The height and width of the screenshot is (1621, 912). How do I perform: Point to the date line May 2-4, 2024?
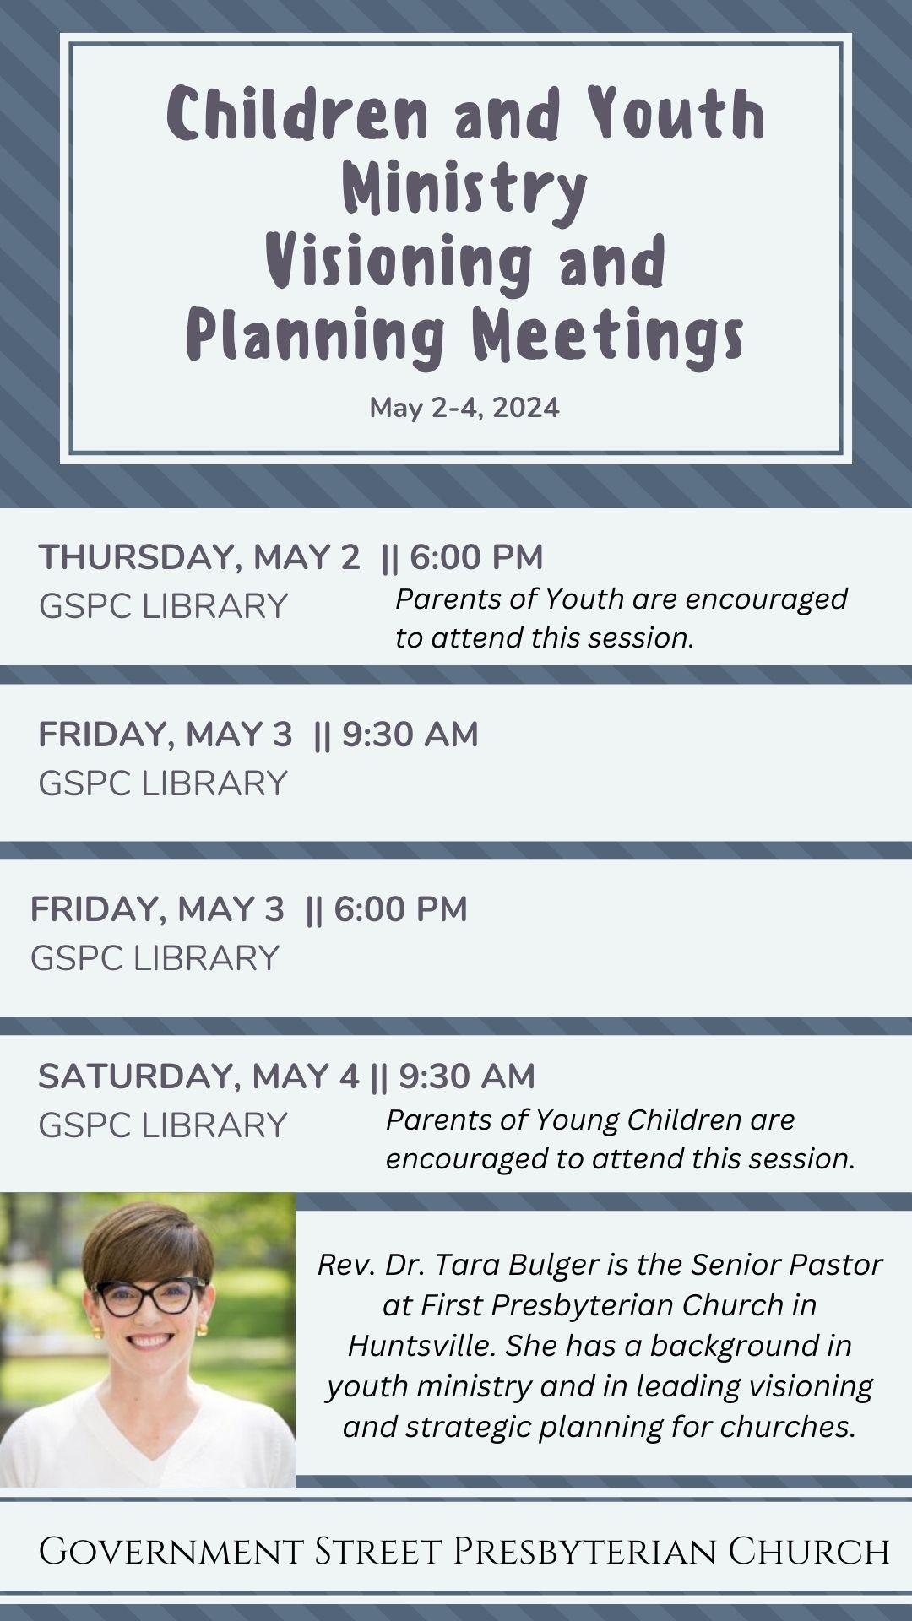[464, 408]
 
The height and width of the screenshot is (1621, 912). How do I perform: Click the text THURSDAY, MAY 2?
[199, 558]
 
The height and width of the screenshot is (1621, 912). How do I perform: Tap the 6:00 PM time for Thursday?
[476, 557]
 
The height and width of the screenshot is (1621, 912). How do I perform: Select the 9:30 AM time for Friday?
[410, 735]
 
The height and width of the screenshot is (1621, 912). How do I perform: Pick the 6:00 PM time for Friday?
[400, 909]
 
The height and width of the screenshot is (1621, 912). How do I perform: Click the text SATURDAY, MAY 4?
[198, 1077]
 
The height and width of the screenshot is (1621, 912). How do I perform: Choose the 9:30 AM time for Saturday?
[467, 1076]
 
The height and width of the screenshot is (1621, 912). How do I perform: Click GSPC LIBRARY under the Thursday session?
[163, 606]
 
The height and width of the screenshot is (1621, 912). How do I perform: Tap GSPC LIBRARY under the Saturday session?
[163, 1125]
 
